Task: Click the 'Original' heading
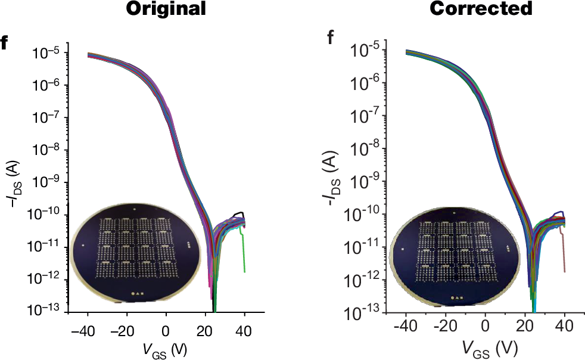point(167,9)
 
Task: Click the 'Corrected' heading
point(481,9)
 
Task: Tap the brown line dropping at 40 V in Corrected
point(563,253)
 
